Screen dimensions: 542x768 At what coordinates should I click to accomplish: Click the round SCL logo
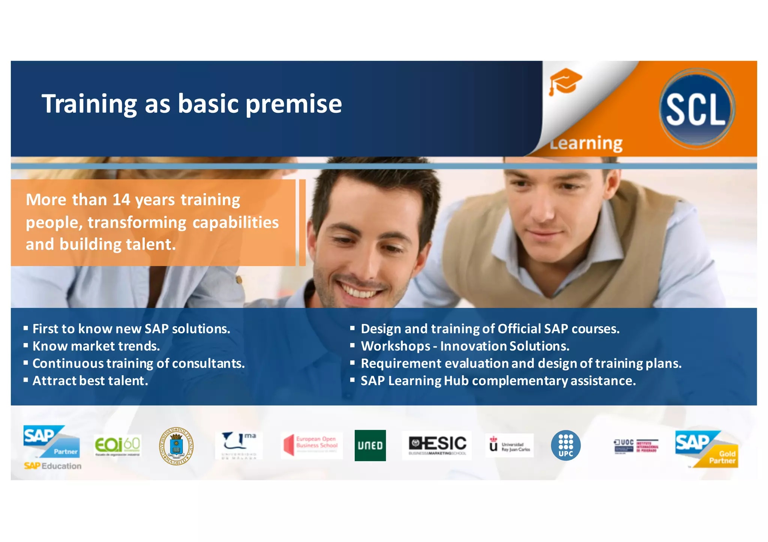coord(696,109)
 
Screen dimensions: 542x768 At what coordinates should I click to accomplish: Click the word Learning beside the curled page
coord(586,143)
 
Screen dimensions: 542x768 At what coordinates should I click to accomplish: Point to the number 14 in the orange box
coord(121,200)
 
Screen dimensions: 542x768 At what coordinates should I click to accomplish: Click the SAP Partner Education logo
coord(52,446)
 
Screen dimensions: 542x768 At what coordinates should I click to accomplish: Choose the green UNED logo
coord(370,445)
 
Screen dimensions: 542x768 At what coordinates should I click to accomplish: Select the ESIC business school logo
coord(437,445)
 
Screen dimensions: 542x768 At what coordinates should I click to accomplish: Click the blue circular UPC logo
coord(565,445)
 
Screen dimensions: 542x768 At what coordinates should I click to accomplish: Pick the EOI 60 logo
coord(117,445)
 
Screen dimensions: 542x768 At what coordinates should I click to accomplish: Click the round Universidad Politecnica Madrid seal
coord(176,446)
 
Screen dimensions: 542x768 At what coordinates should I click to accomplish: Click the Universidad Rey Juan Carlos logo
coord(510,445)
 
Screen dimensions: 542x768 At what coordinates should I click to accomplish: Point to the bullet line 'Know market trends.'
coord(96,346)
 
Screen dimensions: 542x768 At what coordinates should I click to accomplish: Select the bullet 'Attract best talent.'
coord(90,381)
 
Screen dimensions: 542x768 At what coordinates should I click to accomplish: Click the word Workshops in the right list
coord(395,346)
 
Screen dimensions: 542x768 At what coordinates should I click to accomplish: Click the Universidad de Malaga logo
coord(239,445)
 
